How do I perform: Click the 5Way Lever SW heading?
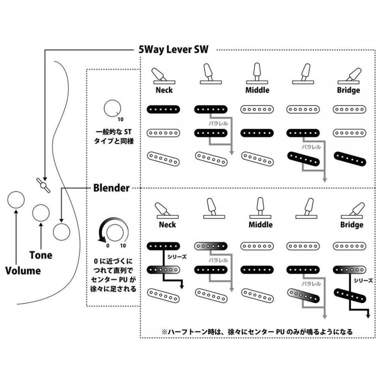(x=173, y=50)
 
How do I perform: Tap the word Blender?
(x=111, y=188)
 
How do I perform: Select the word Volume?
(x=23, y=271)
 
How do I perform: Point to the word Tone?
(x=41, y=255)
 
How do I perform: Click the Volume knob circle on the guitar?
(x=16, y=200)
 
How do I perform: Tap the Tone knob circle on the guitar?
(x=41, y=213)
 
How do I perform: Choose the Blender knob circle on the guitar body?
(x=61, y=232)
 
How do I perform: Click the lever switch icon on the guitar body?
(x=43, y=184)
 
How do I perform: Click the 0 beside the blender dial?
(x=107, y=245)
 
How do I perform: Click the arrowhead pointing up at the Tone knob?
(x=41, y=225)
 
